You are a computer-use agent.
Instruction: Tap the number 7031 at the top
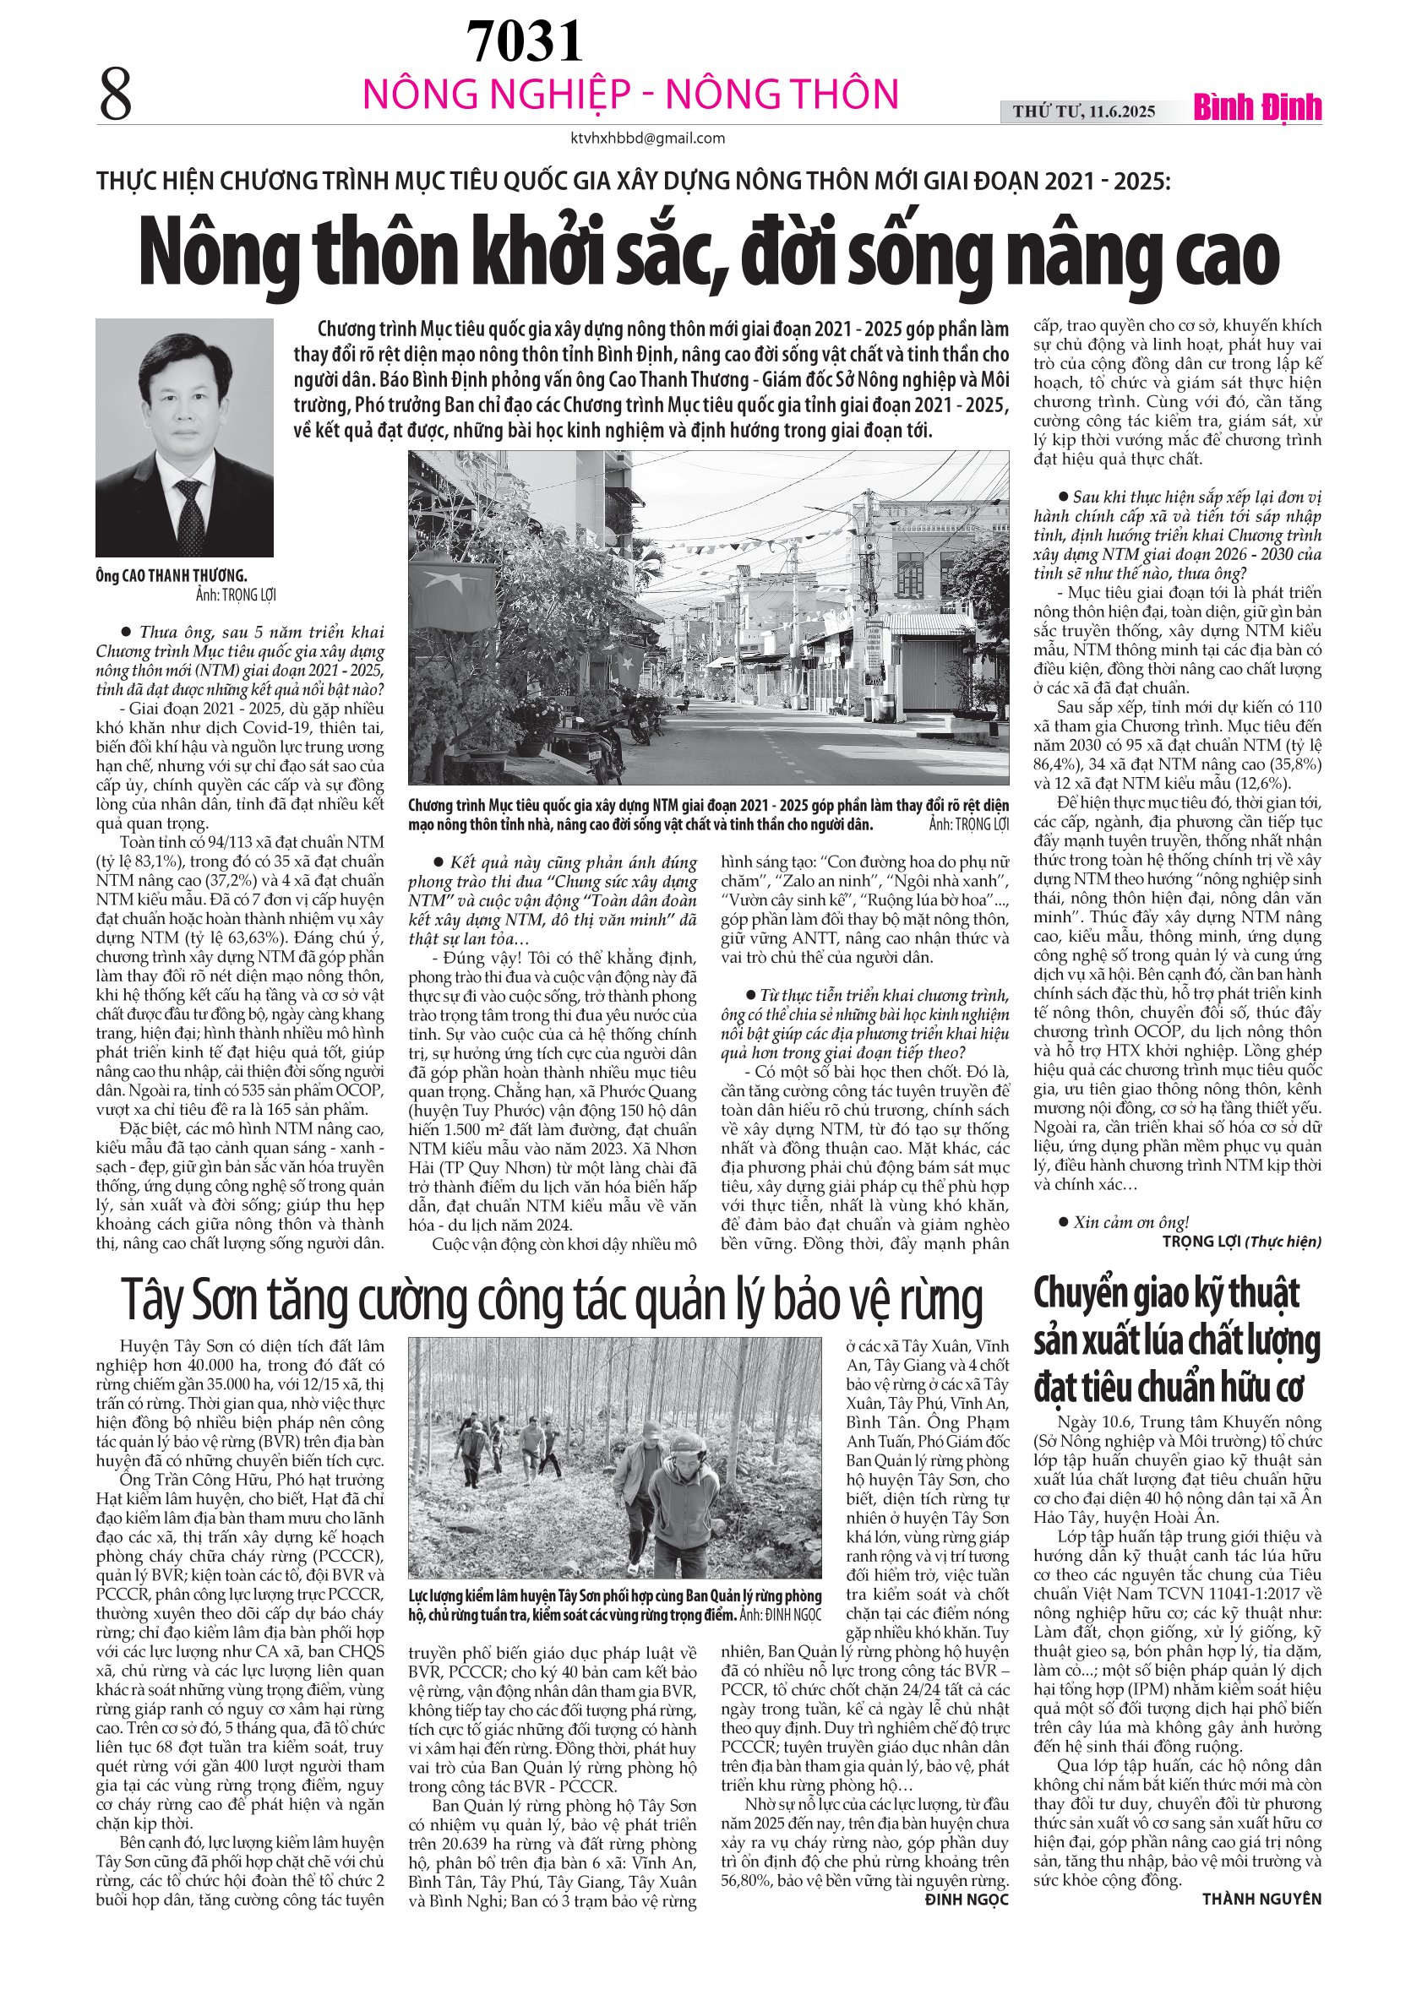[x=524, y=41]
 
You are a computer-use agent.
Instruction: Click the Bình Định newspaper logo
[x=1257, y=108]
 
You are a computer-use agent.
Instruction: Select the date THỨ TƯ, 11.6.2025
[x=1084, y=111]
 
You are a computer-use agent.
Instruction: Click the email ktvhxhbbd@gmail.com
[x=647, y=138]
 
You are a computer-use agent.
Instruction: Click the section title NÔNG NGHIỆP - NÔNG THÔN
[x=631, y=95]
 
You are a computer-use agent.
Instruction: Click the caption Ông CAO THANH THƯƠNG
[x=172, y=575]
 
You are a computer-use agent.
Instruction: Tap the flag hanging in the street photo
[x=455, y=587]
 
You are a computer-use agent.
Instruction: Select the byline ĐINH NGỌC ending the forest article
[x=967, y=1899]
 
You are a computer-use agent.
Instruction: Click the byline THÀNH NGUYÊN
[x=1261, y=1899]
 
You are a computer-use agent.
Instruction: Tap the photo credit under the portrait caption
[x=236, y=595]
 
